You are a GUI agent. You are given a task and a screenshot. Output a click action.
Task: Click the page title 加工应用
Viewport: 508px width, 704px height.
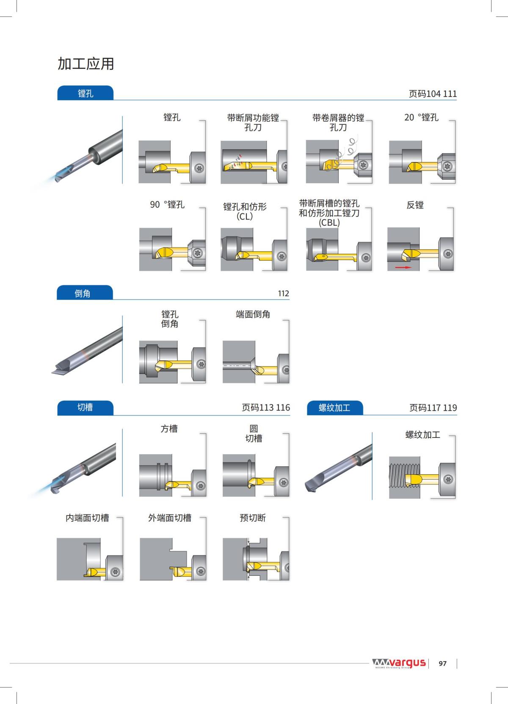point(86,64)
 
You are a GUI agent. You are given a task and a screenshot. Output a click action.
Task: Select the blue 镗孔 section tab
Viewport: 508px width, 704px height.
point(86,93)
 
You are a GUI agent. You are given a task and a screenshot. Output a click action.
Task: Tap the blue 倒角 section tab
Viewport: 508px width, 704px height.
point(83,293)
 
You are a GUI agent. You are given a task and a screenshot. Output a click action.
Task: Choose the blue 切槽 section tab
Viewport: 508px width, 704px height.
point(85,407)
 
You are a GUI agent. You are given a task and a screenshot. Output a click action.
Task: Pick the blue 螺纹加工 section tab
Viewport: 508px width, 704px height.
point(334,407)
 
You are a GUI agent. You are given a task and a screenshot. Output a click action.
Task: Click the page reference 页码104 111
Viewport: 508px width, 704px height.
point(432,94)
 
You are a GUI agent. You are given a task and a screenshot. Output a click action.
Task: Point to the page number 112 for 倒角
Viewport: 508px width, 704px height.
point(283,293)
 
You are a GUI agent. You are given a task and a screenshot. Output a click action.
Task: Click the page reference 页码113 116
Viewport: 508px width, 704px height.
point(266,407)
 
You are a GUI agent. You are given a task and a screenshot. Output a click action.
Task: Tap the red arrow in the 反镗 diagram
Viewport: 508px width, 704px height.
point(403,267)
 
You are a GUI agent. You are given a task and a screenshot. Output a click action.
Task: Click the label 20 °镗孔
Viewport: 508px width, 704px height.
point(421,118)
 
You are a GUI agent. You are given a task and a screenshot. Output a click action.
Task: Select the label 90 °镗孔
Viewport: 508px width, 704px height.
point(167,205)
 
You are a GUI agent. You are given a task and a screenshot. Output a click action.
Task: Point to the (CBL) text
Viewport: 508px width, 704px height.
point(329,223)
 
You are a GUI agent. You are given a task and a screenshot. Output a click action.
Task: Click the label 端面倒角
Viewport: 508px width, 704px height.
point(253,314)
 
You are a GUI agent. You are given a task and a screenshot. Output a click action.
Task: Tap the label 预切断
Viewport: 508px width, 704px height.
point(253,518)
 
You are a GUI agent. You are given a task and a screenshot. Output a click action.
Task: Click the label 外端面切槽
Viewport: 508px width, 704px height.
point(169,518)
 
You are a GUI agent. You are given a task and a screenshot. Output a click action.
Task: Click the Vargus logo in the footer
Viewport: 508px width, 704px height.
point(399,663)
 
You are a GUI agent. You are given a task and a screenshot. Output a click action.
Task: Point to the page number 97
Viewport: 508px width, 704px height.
point(442,663)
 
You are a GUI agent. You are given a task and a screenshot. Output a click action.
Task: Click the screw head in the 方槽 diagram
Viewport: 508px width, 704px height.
point(200,485)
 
